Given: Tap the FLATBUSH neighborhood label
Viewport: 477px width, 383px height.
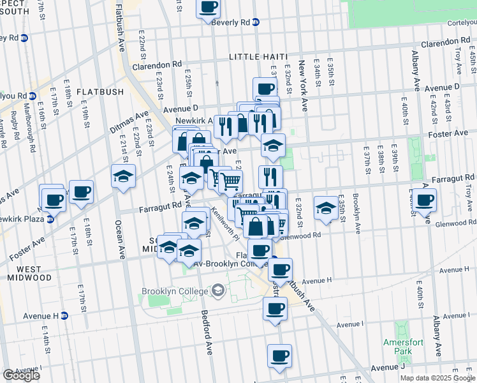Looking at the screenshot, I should [100, 92].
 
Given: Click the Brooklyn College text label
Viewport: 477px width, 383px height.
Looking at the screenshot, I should [174, 291].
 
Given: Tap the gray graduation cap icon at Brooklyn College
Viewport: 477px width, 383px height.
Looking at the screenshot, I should [218, 291].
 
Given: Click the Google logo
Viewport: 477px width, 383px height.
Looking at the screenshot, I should [21, 375].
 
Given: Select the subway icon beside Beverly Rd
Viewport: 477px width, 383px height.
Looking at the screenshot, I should [256, 22].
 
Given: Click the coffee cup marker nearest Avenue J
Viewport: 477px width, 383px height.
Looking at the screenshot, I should [279, 356].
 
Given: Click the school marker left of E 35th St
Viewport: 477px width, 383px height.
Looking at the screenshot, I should [326, 207].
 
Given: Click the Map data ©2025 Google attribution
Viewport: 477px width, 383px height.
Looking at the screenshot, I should [437, 378].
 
